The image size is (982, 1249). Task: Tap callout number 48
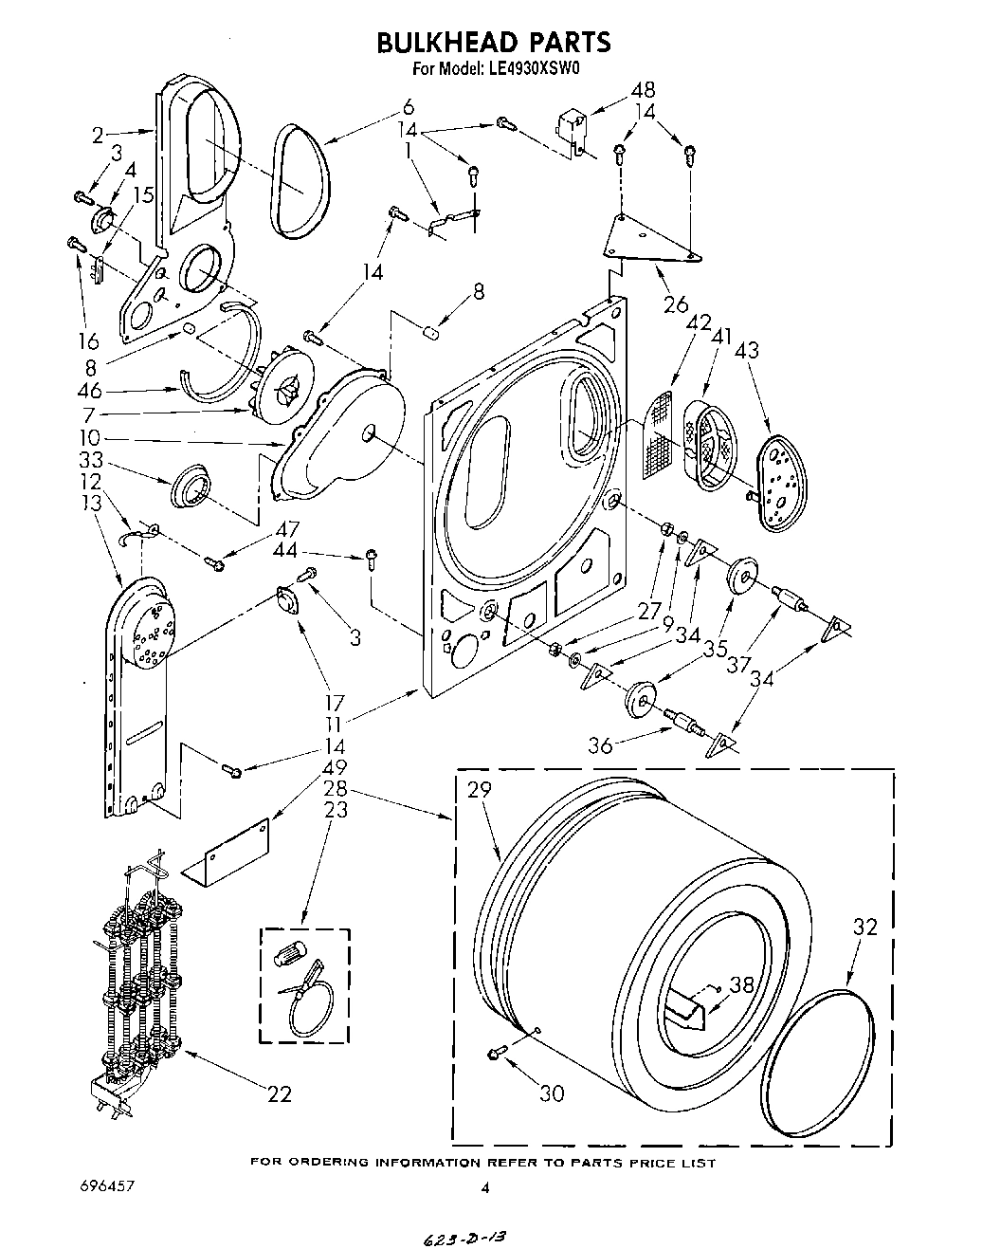(643, 91)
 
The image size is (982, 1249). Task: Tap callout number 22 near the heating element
(278, 1094)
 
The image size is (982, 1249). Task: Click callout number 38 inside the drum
(742, 985)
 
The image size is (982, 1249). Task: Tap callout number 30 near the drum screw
(551, 1093)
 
